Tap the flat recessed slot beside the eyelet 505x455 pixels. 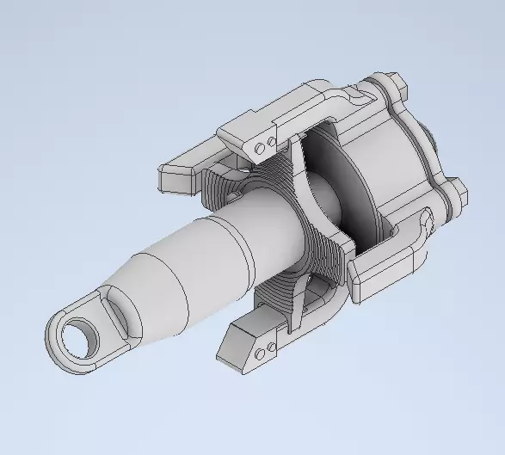117,314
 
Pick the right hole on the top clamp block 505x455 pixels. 270,139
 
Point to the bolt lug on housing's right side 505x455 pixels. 453,194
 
